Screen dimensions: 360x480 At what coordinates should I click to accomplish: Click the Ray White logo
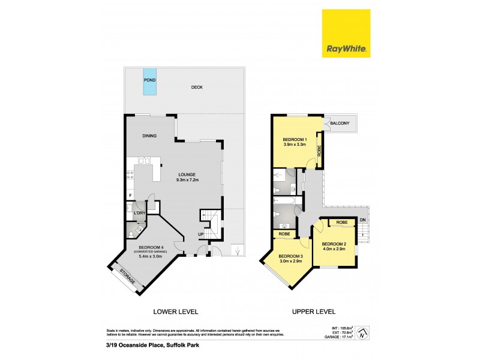tap(347, 34)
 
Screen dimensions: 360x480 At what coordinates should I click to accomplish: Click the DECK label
tap(197, 88)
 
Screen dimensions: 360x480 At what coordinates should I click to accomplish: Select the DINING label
tap(149, 136)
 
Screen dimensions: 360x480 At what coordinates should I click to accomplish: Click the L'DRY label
tap(140, 214)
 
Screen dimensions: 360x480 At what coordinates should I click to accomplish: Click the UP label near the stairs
tap(201, 234)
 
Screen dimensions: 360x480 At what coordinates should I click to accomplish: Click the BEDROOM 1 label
tap(295, 139)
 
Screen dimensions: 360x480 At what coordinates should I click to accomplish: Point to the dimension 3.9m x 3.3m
tap(295, 145)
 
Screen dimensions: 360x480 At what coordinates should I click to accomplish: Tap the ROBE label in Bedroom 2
tap(342, 223)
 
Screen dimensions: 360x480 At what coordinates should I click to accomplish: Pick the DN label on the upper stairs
tap(362, 220)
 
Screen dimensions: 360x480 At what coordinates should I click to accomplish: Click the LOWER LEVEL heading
tap(175, 311)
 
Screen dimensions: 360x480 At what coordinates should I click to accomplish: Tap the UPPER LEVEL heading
tap(313, 311)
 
